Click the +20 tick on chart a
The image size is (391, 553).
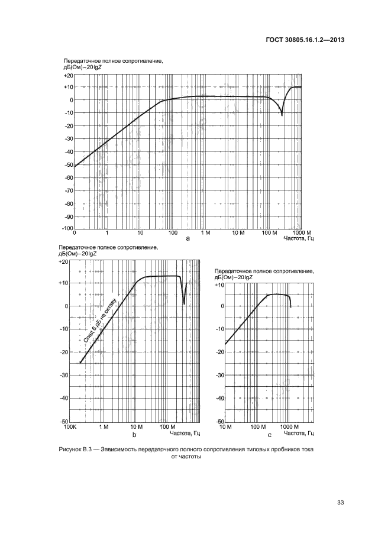pyautogui.click(x=68, y=75)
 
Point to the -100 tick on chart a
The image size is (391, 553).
pyautogui.click(x=66, y=228)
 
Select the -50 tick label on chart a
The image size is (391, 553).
pyautogui.click(x=68, y=164)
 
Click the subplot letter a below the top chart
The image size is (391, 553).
pyautogui.click(x=188, y=238)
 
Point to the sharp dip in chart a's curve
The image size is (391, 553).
pyautogui.click(x=282, y=115)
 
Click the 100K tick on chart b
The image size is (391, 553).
pyautogui.click(x=70, y=426)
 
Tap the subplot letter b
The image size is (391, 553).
pyautogui.click(x=134, y=435)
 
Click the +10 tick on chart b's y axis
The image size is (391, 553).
pyautogui.click(x=64, y=283)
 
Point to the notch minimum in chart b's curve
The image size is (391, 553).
pyautogui.click(x=184, y=304)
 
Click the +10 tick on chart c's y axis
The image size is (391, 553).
pyautogui.click(x=218, y=285)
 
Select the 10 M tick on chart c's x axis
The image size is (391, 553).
pyautogui.click(x=225, y=426)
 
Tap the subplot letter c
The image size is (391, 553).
pyautogui.click(x=269, y=435)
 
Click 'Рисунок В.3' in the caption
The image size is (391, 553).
pyautogui.click(x=77, y=450)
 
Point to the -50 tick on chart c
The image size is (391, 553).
pyautogui.click(x=218, y=421)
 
